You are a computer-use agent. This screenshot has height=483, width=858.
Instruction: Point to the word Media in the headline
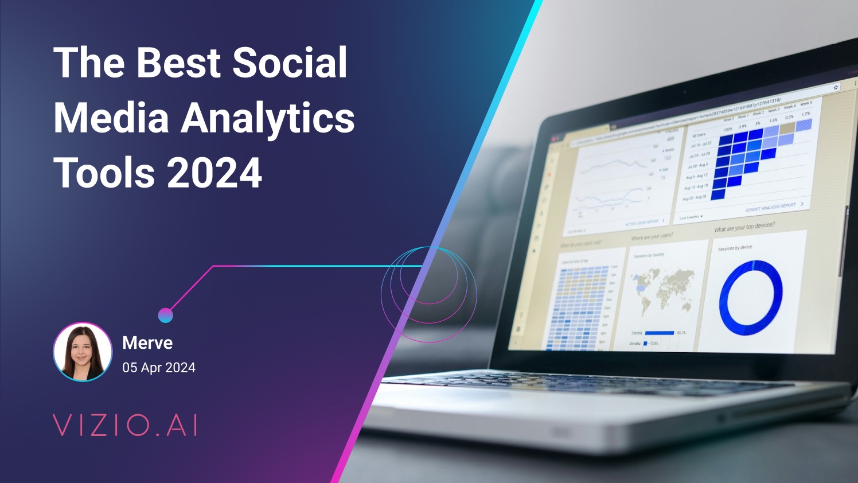111,117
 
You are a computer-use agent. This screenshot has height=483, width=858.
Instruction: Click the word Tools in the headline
104,173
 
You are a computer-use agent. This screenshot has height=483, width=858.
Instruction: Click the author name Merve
147,343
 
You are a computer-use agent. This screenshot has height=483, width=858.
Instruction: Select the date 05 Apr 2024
159,368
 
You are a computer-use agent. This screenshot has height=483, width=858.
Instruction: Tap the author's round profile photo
83,352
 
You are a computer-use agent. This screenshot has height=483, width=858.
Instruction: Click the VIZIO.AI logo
126,426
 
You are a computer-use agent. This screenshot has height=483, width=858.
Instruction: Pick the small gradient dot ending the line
165,315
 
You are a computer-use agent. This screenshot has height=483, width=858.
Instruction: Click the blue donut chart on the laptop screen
751,297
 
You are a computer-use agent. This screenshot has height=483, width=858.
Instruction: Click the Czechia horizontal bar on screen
660,333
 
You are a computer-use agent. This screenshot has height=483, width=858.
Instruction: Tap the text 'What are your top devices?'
744,227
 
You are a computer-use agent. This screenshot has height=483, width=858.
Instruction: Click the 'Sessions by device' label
735,248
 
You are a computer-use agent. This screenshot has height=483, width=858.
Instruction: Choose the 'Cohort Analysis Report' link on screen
770,207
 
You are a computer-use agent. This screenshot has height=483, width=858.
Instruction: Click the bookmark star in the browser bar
836,88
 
